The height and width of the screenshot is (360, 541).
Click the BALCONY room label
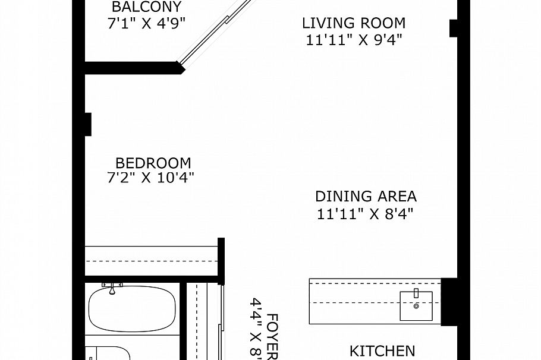point(147,8)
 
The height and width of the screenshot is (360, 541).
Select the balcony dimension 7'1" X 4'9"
point(147,24)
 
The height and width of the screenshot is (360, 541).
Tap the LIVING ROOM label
point(354,24)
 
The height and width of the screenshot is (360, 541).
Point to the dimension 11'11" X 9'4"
point(354,40)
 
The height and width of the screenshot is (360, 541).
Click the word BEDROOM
point(153,163)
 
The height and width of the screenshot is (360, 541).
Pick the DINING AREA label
point(366,197)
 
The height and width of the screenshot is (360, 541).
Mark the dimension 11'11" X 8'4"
point(365,214)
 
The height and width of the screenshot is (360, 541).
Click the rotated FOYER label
point(273,336)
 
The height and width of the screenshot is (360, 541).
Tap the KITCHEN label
point(382,351)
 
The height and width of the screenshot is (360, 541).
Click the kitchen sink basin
point(416,305)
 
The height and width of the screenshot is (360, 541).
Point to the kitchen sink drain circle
point(416,307)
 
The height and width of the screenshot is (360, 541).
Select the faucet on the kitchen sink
point(416,293)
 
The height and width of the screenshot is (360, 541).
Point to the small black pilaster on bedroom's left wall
point(88,124)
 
